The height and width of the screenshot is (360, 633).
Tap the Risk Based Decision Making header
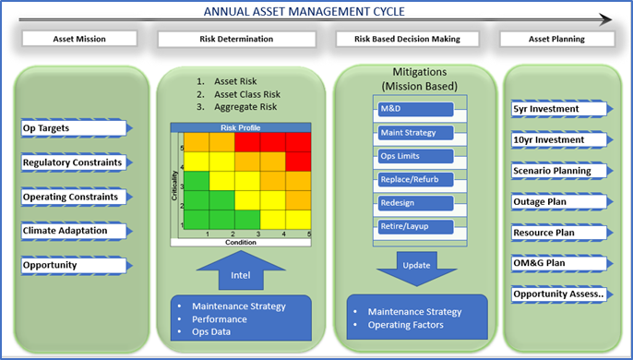point(409,40)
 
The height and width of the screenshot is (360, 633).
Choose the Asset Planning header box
point(556,40)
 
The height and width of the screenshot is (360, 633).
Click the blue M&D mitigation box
point(414,109)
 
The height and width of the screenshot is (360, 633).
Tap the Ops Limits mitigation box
point(414,155)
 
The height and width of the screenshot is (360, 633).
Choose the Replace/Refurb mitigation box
point(414,178)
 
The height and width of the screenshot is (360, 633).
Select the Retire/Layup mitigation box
point(414,226)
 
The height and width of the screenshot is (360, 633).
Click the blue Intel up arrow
point(239,271)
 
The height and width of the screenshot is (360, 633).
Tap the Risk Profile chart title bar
point(241,127)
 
